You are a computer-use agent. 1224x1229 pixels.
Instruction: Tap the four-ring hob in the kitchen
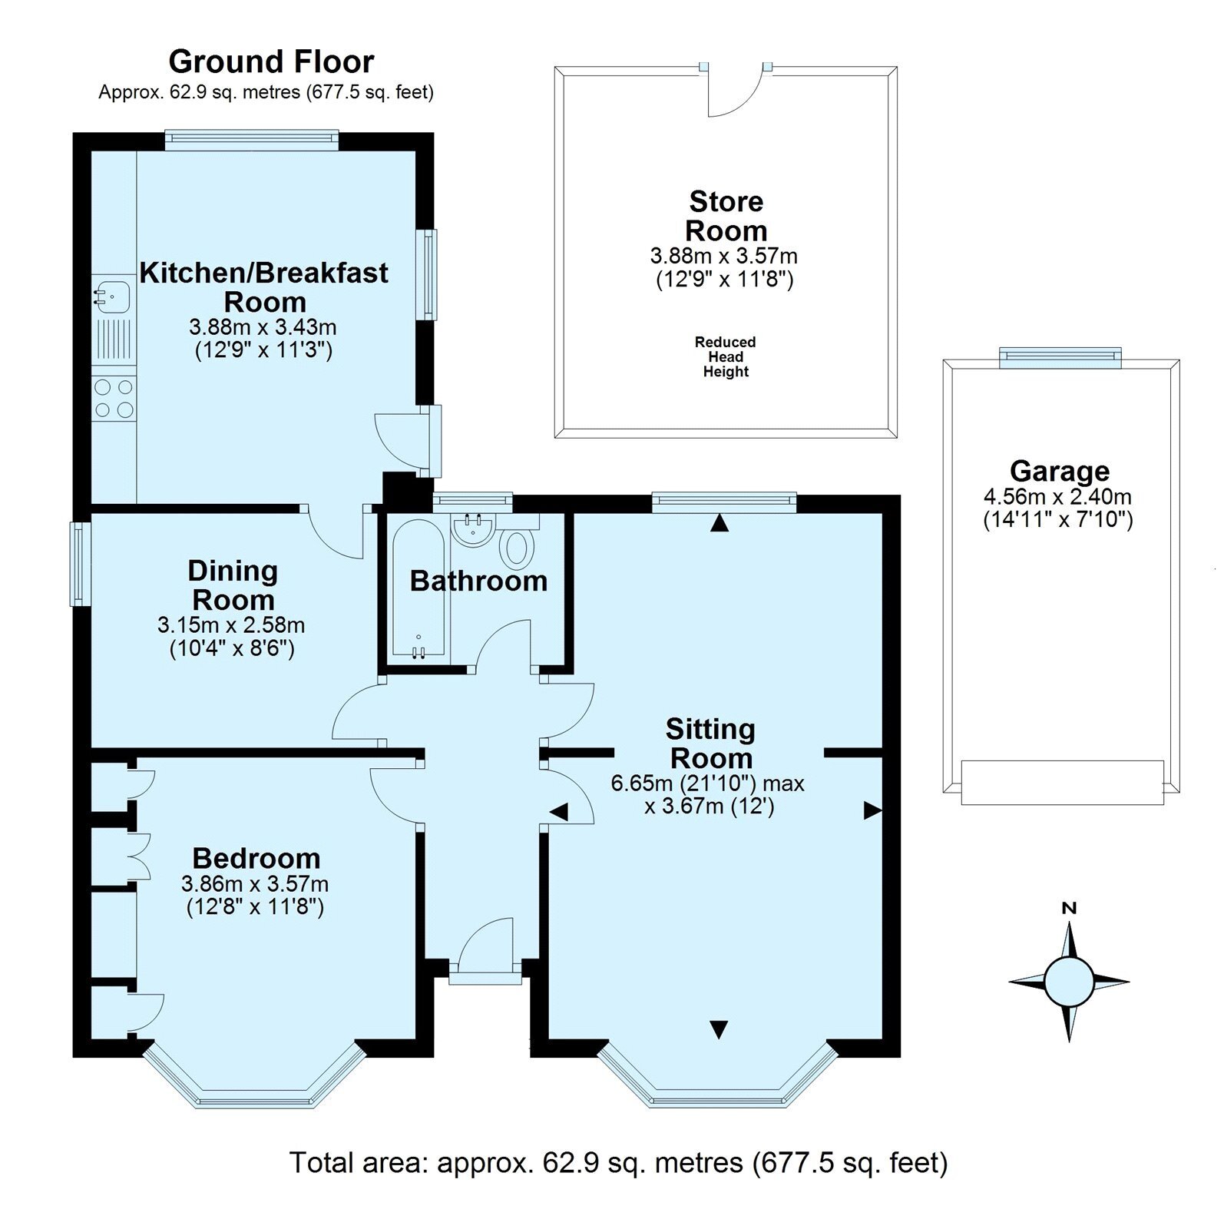tap(114, 399)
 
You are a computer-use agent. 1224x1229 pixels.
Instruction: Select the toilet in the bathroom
tap(517, 548)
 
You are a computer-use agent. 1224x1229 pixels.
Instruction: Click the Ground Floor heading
tap(271, 61)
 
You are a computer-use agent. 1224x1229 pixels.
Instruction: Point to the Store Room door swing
tap(733, 92)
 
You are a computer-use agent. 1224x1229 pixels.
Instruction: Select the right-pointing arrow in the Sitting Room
tap(872, 810)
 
